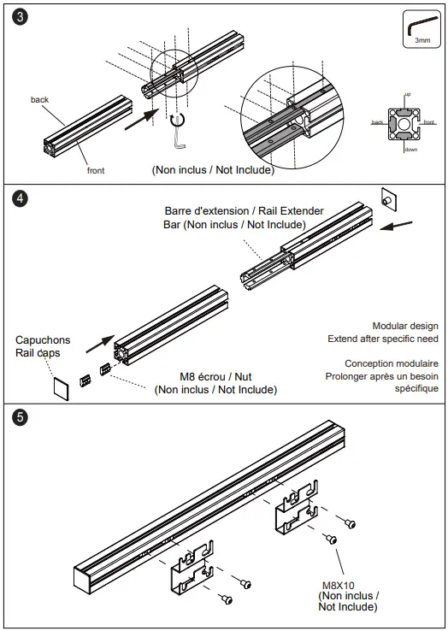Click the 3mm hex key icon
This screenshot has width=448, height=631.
421,28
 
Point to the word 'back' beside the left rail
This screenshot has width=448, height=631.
39,100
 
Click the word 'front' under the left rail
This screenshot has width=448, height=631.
96,170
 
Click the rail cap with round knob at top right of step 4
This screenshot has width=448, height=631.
386,198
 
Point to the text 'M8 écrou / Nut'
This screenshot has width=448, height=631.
215,377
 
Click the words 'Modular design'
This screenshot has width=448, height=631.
405,326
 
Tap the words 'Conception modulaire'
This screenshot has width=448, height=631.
392,363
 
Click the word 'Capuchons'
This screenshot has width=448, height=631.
43,340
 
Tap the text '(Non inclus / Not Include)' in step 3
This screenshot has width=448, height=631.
213,169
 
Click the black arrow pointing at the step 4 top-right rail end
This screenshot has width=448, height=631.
398,227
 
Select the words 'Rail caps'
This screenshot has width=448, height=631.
38,352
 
